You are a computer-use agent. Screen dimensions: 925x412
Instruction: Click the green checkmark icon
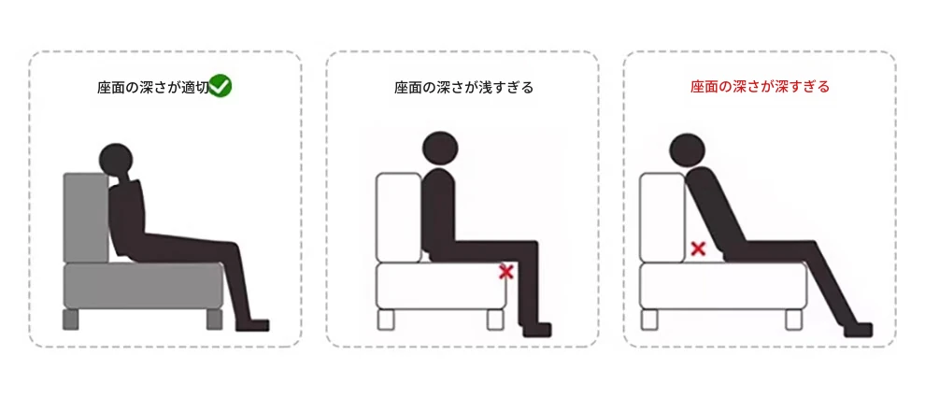click(x=221, y=86)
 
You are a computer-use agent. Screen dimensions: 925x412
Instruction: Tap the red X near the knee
click(x=505, y=272)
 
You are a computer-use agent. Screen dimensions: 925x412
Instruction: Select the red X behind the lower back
click(x=699, y=249)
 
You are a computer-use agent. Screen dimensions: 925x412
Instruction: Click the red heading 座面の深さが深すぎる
click(x=760, y=88)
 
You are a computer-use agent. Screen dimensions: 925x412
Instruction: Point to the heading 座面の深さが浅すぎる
click(x=463, y=88)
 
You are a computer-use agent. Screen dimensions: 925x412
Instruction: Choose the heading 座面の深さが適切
click(x=153, y=88)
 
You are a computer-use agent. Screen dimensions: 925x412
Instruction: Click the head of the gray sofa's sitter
click(x=117, y=160)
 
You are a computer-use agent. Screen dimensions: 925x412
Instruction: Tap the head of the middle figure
click(x=440, y=149)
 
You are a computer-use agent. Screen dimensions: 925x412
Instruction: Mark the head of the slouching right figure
click(x=688, y=151)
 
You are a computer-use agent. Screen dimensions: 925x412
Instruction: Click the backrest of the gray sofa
click(x=86, y=218)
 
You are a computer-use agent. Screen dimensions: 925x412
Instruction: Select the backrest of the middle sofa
click(x=399, y=218)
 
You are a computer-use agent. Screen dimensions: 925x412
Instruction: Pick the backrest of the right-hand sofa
click(x=662, y=218)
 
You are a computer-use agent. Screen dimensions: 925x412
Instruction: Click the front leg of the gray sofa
click(x=215, y=320)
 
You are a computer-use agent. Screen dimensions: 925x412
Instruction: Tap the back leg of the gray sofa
click(x=70, y=320)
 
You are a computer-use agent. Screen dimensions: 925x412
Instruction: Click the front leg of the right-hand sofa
click(x=793, y=320)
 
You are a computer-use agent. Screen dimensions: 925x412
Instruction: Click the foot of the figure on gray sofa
click(x=252, y=324)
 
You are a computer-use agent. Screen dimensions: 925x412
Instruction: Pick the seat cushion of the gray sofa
click(x=143, y=286)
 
